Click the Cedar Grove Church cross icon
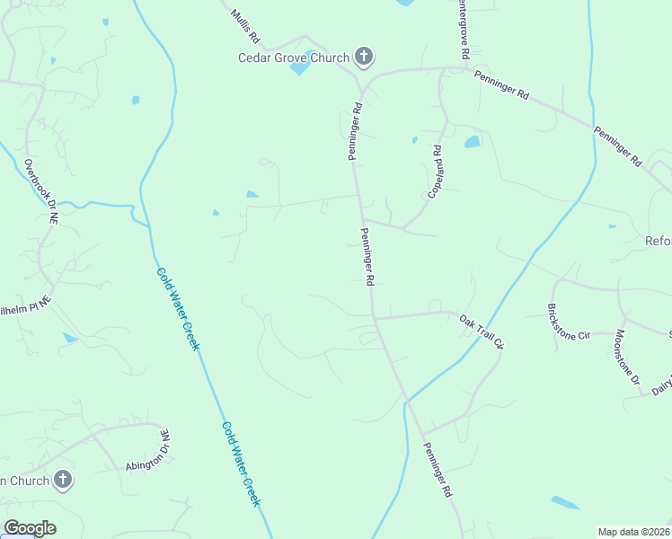pyautogui.click(x=364, y=58)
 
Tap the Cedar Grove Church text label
pyautogui.click(x=293, y=58)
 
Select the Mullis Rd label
pyautogui.click(x=244, y=28)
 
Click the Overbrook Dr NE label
pyautogui.click(x=41, y=191)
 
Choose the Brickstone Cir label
pyautogui.click(x=569, y=323)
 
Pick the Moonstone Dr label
pyautogui.click(x=626, y=358)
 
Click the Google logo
pyautogui.click(x=30, y=528)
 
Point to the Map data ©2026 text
pyautogui.click(x=634, y=531)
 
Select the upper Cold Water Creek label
pyautogui.click(x=177, y=309)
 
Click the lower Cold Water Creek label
pyautogui.click(x=241, y=464)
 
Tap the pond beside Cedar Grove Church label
pyautogui.click(x=300, y=69)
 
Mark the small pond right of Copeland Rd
pyautogui.click(x=472, y=141)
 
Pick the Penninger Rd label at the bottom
pyautogui.click(x=438, y=471)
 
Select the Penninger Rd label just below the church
pyautogui.click(x=355, y=131)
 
